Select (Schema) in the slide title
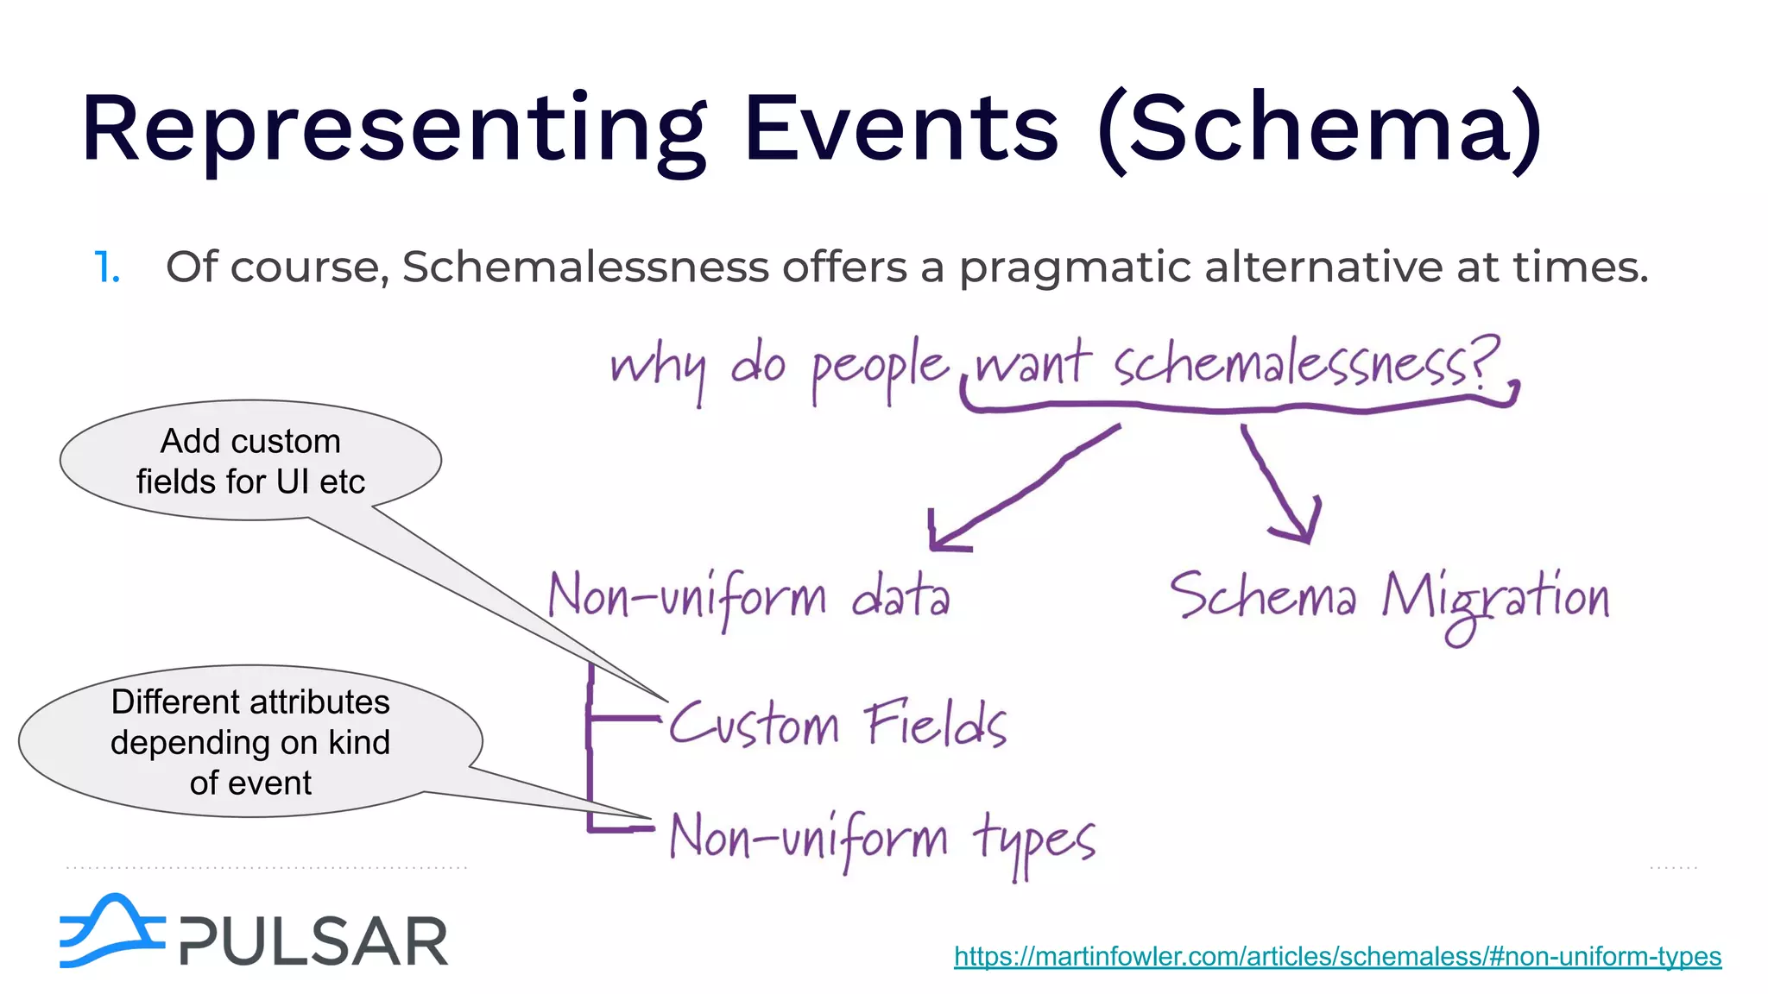pyautogui.click(x=1320, y=129)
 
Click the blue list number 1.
pyautogui.click(x=106, y=267)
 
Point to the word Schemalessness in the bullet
pyautogui.click(x=585, y=267)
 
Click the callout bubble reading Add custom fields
pyautogui.click(x=250, y=461)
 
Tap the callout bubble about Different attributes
pyautogui.click(x=250, y=741)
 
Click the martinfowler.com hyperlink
pyautogui.click(x=1337, y=956)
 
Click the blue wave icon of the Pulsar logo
pyautogui.click(x=110, y=932)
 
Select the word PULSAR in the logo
pyautogui.click(x=314, y=941)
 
